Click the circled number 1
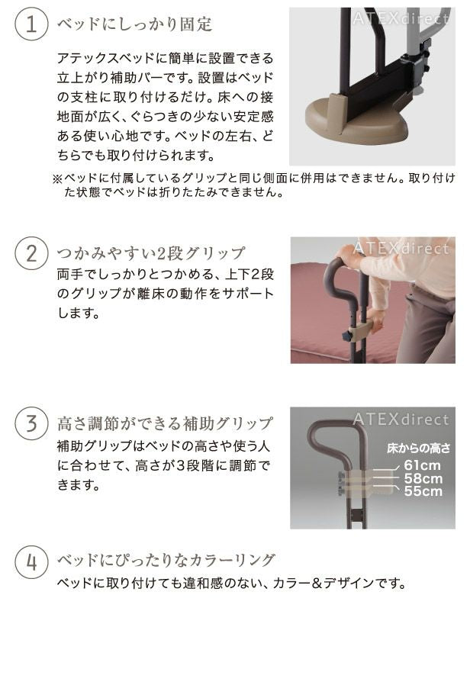click(31, 24)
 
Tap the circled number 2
click(31, 253)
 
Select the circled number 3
click(31, 423)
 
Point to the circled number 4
click(31, 561)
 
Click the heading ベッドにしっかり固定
click(134, 24)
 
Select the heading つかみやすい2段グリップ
click(151, 253)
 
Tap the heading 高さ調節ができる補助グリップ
click(165, 423)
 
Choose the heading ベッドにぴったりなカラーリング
click(166, 560)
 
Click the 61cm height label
click(422, 465)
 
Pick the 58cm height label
click(423, 478)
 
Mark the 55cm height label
click(423, 491)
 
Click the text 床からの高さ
click(418, 448)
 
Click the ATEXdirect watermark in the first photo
click(401, 19)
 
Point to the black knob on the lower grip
click(347, 336)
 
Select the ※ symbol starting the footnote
click(57, 178)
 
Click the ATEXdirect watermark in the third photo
click(401, 420)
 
